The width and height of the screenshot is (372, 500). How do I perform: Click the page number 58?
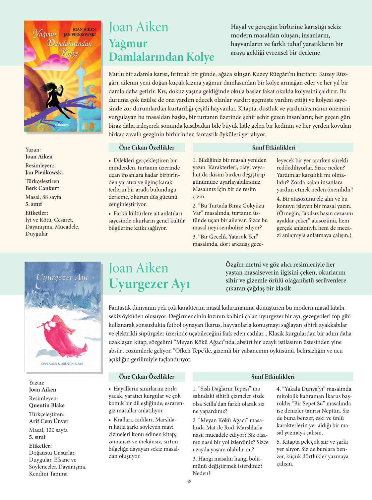[189, 481]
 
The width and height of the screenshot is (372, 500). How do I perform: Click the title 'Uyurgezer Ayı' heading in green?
[149, 284]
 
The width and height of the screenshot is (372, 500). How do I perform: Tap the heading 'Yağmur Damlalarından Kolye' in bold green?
[161, 50]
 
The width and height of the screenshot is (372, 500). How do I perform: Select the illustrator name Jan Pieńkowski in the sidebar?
[44, 172]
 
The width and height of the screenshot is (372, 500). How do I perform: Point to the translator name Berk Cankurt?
[42, 188]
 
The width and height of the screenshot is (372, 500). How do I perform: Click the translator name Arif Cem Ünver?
[49, 421]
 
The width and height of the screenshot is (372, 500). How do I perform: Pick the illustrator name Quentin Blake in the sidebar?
[47, 405]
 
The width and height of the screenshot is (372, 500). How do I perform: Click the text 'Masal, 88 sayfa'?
[43, 197]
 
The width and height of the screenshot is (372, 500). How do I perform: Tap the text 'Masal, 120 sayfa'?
[48, 430]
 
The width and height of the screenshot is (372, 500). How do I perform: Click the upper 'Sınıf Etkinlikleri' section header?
[273, 148]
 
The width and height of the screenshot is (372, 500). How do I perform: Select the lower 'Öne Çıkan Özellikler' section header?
[147, 377]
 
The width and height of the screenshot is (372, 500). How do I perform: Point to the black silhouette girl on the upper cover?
[56, 96]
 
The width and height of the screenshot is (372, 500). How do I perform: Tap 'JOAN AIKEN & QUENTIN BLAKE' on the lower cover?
[62, 364]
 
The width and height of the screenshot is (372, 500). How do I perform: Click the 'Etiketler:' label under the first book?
[36, 213]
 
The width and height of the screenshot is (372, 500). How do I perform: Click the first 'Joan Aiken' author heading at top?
[139, 27]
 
